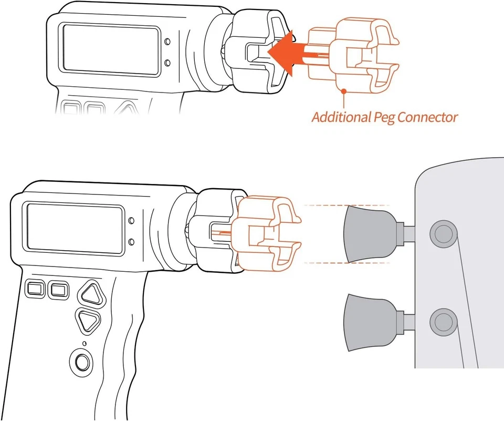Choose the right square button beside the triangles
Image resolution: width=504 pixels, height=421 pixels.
58,289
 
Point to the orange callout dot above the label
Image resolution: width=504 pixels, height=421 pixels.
344,91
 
